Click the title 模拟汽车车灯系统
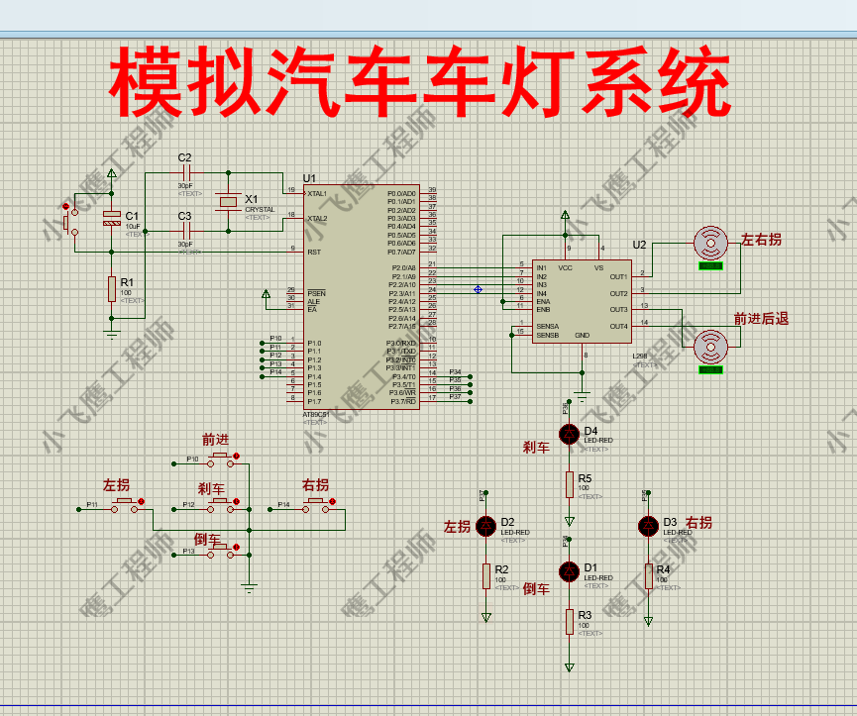coord(420,83)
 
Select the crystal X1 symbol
coord(229,202)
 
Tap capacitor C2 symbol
coord(185,173)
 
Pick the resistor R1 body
coord(112,288)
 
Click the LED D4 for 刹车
coord(569,433)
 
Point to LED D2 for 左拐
coord(485,525)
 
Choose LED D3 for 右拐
coord(648,525)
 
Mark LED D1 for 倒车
coord(569,571)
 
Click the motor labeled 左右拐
coord(710,243)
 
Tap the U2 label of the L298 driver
coord(639,245)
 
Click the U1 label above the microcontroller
coord(309,178)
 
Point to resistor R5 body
coord(569,483)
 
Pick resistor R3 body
coord(569,621)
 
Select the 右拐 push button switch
coord(317,506)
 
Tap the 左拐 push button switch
coord(125,506)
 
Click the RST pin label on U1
coord(314,252)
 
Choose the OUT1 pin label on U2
coord(618,276)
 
